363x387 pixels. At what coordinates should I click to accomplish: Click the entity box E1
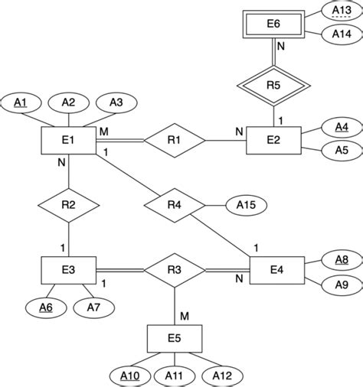pyautogui.click(x=68, y=141)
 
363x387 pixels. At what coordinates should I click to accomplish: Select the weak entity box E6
pyautogui.click(x=273, y=24)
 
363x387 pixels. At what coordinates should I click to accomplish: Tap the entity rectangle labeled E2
pyautogui.click(x=273, y=141)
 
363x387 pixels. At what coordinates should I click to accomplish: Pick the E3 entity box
pyautogui.click(x=68, y=269)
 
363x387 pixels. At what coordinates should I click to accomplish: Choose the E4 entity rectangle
pyautogui.click(x=276, y=269)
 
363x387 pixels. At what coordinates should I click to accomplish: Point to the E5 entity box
pyautogui.click(x=175, y=337)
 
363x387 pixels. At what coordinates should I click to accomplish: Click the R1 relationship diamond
pyautogui.click(x=175, y=141)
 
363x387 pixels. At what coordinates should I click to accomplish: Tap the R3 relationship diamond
pyautogui.click(x=175, y=270)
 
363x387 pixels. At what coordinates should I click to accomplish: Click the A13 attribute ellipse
pyautogui.click(x=342, y=10)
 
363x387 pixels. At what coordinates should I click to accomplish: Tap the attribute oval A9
pyautogui.click(x=342, y=285)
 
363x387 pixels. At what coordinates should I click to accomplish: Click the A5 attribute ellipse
pyautogui.click(x=342, y=151)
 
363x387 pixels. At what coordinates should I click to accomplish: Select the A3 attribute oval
pyautogui.click(x=116, y=102)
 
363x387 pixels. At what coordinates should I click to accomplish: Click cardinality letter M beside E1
pyautogui.click(x=103, y=132)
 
